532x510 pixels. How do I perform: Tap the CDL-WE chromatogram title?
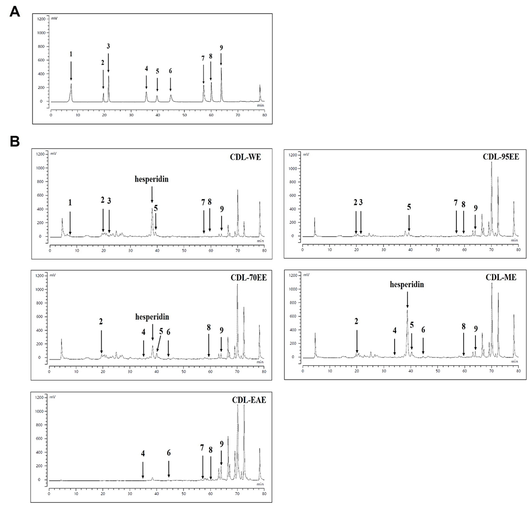(x=245, y=157)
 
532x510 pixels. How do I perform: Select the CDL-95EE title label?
(x=501, y=157)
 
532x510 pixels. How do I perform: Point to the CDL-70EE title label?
(x=249, y=278)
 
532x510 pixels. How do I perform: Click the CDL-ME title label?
(x=501, y=277)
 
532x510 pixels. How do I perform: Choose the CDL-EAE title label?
(x=249, y=400)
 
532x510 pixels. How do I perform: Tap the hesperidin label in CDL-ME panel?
(x=407, y=285)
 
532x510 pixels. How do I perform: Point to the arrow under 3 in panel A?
(x=108, y=63)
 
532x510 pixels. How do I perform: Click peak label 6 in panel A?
(x=170, y=71)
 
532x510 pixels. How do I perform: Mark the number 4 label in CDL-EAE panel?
(x=143, y=454)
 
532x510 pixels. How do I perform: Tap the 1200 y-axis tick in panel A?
(x=41, y=19)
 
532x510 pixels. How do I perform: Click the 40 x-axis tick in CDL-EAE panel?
(x=157, y=494)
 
